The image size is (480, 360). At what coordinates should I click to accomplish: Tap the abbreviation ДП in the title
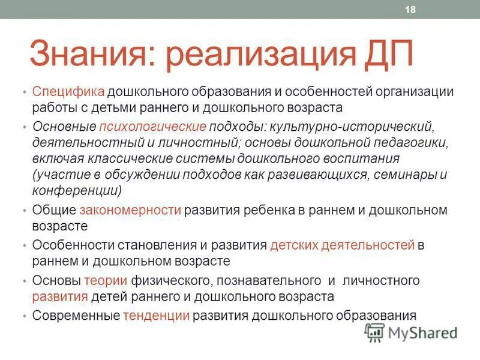click(x=388, y=55)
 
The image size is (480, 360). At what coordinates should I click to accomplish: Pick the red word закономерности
click(x=130, y=210)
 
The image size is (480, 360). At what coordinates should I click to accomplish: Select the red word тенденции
click(x=157, y=315)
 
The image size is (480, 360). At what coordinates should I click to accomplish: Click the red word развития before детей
click(x=61, y=296)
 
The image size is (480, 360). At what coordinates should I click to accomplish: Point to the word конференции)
click(x=77, y=191)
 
